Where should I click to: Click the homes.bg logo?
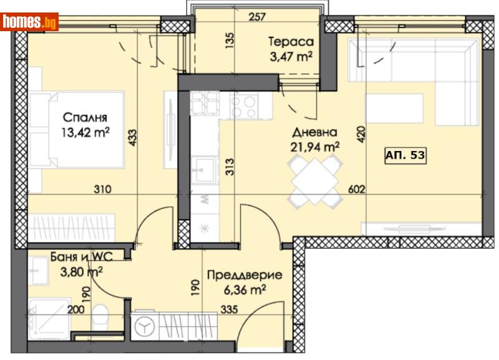pyautogui.click(x=29, y=22)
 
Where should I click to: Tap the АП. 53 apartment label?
pyautogui.click(x=405, y=156)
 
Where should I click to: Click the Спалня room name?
pyautogui.click(x=85, y=117)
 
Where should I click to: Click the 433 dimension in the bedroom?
pyautogui.click(x=132, y=138)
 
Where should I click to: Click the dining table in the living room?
pyautogui.click(x=316, y=181)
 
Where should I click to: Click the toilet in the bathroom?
pyautogui.click(x=103, y=315)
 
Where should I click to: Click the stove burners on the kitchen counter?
pyautogui.click(x=243, y=105)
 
